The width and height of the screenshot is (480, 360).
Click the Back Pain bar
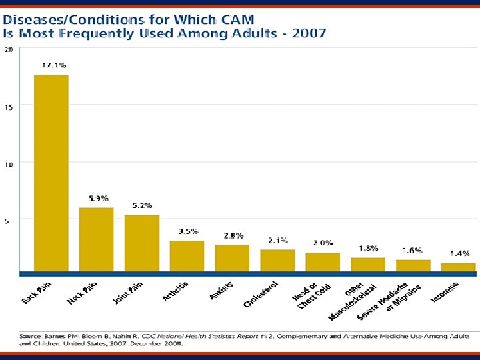pos(51,173)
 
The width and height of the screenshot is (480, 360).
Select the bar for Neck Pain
pos(97,239)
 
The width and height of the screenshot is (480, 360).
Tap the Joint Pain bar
pos(141,243)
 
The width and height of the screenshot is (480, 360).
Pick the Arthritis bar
pos(187,256)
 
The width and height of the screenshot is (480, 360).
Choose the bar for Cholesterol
pos(277,261)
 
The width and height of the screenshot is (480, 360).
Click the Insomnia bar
pos(459,267)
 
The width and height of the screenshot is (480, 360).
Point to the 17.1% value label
pos(54,65)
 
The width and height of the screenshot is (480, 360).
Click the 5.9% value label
pos(99,198)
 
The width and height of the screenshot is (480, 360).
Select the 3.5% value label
pos(188,231)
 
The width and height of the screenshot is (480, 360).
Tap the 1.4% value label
pos(459,253)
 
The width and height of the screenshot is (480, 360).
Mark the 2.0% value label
pos(323,243)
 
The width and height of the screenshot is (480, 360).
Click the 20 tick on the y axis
pos(9,49)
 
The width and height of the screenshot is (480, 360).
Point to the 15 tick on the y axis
pos(9,106)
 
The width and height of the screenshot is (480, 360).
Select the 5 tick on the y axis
pos(7,221)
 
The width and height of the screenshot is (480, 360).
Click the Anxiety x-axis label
pos(222,291)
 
